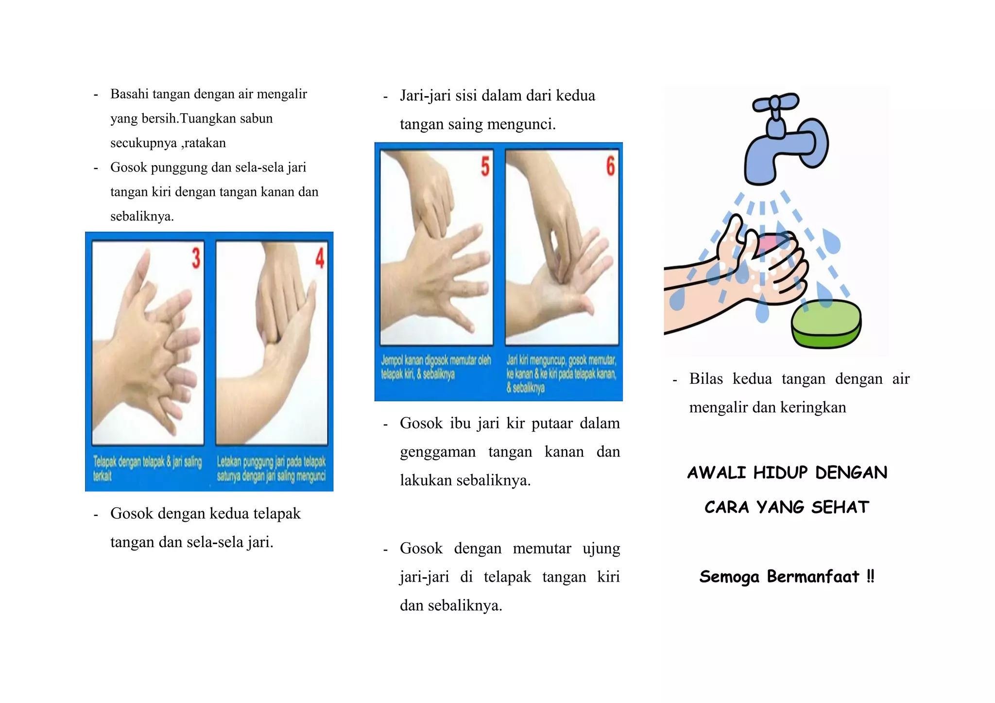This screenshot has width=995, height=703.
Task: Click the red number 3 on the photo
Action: (x=196, y=258)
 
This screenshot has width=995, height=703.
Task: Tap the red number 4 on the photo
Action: (x=320, y=258)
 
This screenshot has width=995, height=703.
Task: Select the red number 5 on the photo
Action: (x=485, y=166)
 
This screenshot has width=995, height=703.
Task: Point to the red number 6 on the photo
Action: (x=610, y=166)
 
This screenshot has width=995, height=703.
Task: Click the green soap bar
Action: (x=826, y=323)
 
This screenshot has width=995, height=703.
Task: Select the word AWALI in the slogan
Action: (x=717, y=473)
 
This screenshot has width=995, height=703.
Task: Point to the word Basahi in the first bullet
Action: (x=129, y=94)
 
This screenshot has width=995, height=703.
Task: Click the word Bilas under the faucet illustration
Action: (x=706, y=378)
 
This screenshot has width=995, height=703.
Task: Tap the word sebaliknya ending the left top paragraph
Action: (x=141, y=216)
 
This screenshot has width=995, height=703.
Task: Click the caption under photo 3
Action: (x=147, y=468)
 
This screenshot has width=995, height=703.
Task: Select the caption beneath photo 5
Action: (x=436, y=367)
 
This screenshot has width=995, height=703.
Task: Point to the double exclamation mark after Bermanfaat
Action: (x=870, y=576)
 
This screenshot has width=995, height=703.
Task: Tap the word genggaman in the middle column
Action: (x=438, y=452)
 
